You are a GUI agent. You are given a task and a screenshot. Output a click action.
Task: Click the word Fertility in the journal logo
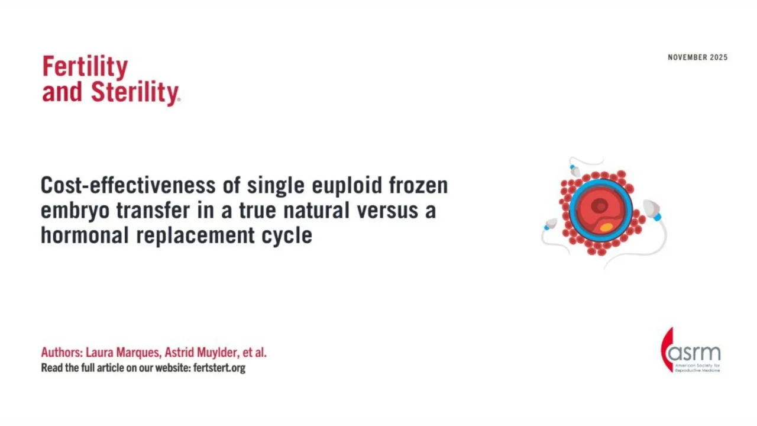[x=85, y=67]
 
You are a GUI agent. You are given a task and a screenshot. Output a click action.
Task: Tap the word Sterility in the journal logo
[x=135, y=93]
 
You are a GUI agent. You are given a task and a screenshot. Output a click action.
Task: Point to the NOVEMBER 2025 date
[x=697, y=57]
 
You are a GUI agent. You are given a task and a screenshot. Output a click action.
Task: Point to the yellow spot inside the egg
[x=606, y=227]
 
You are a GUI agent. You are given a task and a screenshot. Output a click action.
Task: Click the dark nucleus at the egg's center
[x=600, y=206]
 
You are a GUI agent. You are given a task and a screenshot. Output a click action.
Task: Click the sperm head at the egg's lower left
[x=551, y=224]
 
